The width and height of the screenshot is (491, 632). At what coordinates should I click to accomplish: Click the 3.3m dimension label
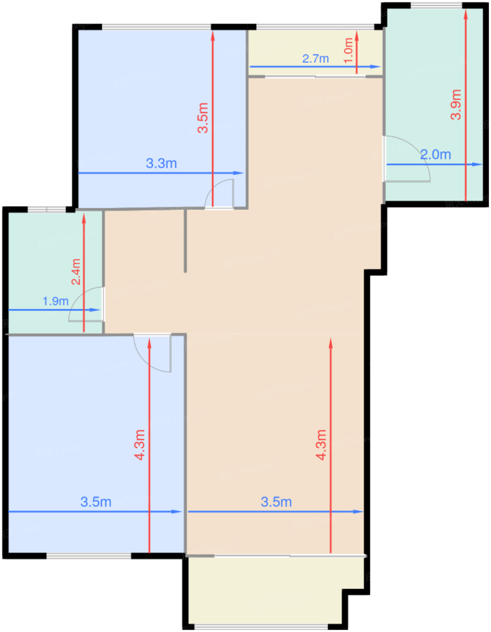(161, 163)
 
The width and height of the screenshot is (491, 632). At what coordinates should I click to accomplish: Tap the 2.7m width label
(315, 59)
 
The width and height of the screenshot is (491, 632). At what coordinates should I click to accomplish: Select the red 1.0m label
(348, 50)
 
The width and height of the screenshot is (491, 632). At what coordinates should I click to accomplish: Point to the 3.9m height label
(456, 104)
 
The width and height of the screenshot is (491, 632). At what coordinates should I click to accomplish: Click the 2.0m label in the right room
(435, 155)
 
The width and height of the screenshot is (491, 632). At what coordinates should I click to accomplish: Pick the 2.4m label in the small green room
(76, 271)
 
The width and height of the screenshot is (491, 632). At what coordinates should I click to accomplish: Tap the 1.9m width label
(56, 301)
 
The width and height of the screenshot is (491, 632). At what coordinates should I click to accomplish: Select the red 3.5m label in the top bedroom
(203, 118)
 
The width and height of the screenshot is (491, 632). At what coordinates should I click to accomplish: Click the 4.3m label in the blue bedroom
(140, 445)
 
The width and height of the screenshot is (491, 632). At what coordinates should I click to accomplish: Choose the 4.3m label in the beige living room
(321, 445)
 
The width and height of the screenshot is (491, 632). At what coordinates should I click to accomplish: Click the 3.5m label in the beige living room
(276, 502)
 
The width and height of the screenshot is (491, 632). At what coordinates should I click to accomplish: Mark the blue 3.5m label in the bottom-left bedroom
(96, 502)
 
